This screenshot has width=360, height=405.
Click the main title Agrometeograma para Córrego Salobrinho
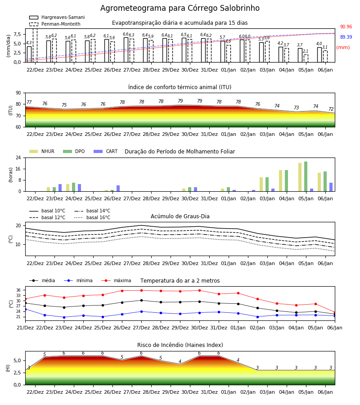[180, 8]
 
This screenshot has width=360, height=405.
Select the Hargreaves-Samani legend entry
[57, 17]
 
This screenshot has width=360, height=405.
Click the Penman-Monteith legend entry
[55, 24]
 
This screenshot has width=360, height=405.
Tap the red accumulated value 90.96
[346, 27]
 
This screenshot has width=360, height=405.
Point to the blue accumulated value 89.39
[346, 37]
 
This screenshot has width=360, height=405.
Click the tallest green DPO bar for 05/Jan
[306, 176]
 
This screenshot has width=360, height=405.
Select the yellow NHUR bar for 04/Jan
[281, 181]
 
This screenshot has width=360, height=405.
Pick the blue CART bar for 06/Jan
[331, 187]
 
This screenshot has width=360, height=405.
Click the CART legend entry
[106, 151]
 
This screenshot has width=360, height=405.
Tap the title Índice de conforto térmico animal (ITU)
[180, 87]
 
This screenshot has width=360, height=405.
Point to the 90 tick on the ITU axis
[18, 93]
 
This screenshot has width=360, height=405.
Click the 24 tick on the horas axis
[18, 157]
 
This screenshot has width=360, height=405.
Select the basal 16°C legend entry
[92, 217]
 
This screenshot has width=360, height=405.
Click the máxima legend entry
[116, 280]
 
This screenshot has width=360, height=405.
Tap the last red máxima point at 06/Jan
[335, 313]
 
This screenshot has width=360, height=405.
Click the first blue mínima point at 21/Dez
[25, 309]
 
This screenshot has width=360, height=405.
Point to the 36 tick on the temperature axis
[18, 290]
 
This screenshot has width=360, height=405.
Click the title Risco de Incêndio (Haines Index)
[180, 345]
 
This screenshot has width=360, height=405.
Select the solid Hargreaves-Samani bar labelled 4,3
[29, 54]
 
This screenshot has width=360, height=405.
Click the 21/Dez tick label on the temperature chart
[25, 328]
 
